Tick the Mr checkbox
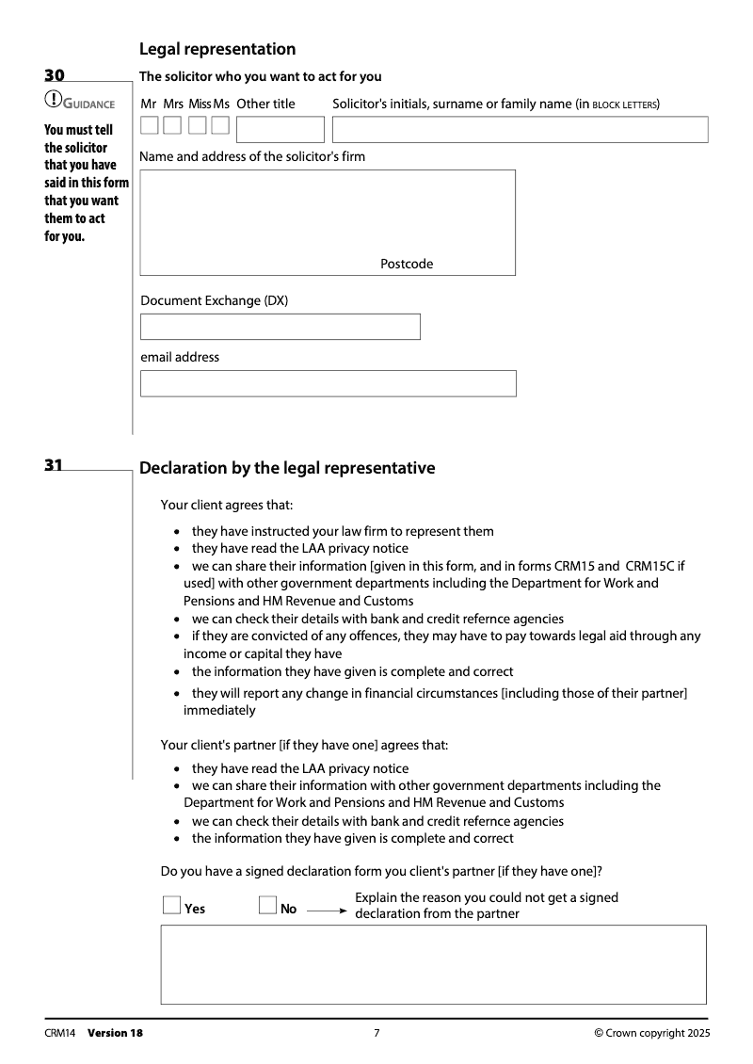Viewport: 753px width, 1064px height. pos(150,125)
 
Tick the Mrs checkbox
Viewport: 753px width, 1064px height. pos(172,125)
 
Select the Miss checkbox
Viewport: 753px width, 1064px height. pos(197,125)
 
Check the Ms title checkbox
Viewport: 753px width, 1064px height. pos(220,125)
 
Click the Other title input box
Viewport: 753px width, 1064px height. pos(280,129)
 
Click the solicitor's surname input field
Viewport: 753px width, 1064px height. pos(520,129)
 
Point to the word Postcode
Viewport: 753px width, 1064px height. pos(407,265)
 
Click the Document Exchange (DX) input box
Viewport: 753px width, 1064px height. pos(280,327)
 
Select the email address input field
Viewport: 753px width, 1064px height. pos(328,383)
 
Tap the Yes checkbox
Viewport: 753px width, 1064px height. pos(171,906)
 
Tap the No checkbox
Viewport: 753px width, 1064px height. pos(267,906)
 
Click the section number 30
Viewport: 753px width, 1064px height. pos(55,75)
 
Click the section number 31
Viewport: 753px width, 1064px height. pos(55,464)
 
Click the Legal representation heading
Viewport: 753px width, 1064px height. pos(217,49)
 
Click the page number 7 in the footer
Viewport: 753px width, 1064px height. pos(376,1033)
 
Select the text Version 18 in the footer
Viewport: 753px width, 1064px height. pos(115,1033)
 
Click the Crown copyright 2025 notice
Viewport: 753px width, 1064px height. pos(652,1033)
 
